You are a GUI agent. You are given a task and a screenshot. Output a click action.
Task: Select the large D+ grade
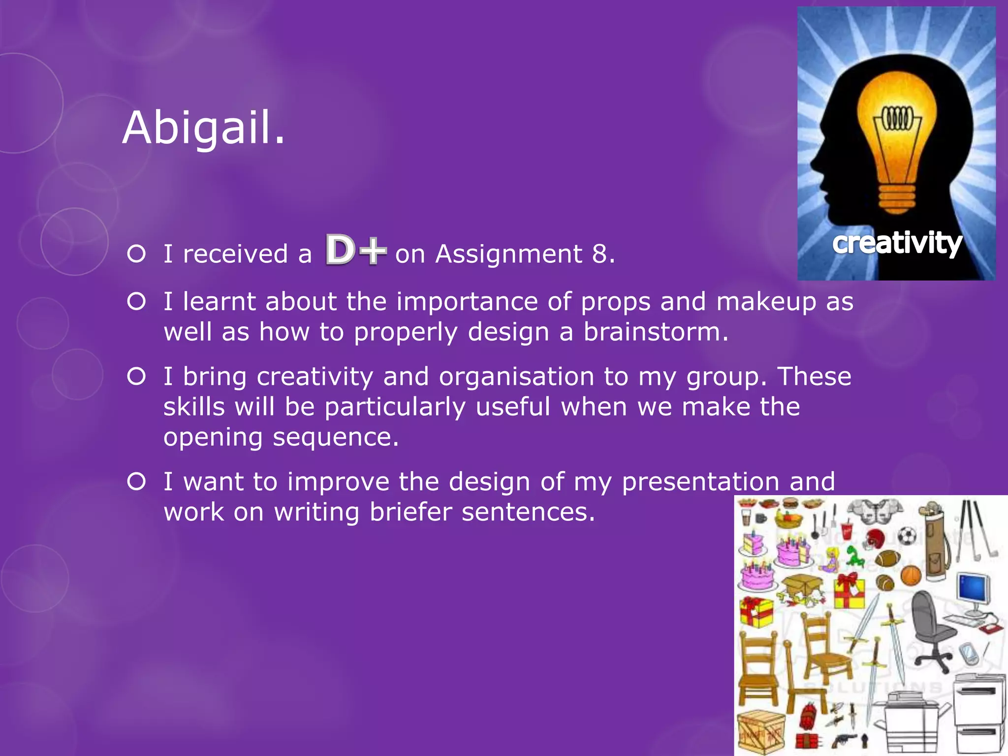tap(356, 250)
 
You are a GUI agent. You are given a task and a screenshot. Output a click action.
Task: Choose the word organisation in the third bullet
tap(516, 377)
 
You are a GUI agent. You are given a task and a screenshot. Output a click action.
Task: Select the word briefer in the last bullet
tap(410, 512)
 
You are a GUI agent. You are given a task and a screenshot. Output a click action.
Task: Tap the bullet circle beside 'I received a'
tap(136, 254)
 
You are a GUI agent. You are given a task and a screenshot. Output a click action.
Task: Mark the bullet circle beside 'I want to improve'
tap(136, 481)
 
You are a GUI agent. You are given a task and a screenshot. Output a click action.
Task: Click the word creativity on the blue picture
tap(897, 243)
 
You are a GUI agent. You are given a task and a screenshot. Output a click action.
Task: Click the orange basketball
tap(911, 574)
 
